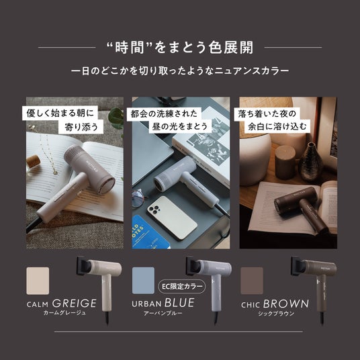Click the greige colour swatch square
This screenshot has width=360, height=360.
coord(38,281)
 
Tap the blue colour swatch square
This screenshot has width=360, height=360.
coord(143,280)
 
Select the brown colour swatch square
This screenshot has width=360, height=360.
coord(252,280)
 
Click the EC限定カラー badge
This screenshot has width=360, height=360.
coord(182,287)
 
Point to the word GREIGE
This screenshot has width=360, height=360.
coord(75,304)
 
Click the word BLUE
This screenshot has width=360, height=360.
coord(179,303)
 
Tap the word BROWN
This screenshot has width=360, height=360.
coord(286,304)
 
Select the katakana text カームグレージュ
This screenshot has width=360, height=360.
coord(64,312)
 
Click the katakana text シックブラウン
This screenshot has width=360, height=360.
coord(276,314)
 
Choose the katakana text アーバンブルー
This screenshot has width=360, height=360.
coord(163,313)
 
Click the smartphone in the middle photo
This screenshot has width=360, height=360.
coord(172,217)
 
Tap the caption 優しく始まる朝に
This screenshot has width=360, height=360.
coord(60,114)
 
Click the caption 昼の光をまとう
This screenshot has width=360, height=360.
coord(180,126)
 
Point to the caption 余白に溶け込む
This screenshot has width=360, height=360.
coord(277,126)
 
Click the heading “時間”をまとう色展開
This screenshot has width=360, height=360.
coord(180,48)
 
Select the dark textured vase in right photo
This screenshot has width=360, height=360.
coord(310,162)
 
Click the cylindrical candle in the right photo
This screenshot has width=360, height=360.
coord(285,162)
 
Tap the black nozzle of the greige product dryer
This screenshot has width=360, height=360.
coord(83,265)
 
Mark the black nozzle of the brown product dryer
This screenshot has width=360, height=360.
coord(298,265)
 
